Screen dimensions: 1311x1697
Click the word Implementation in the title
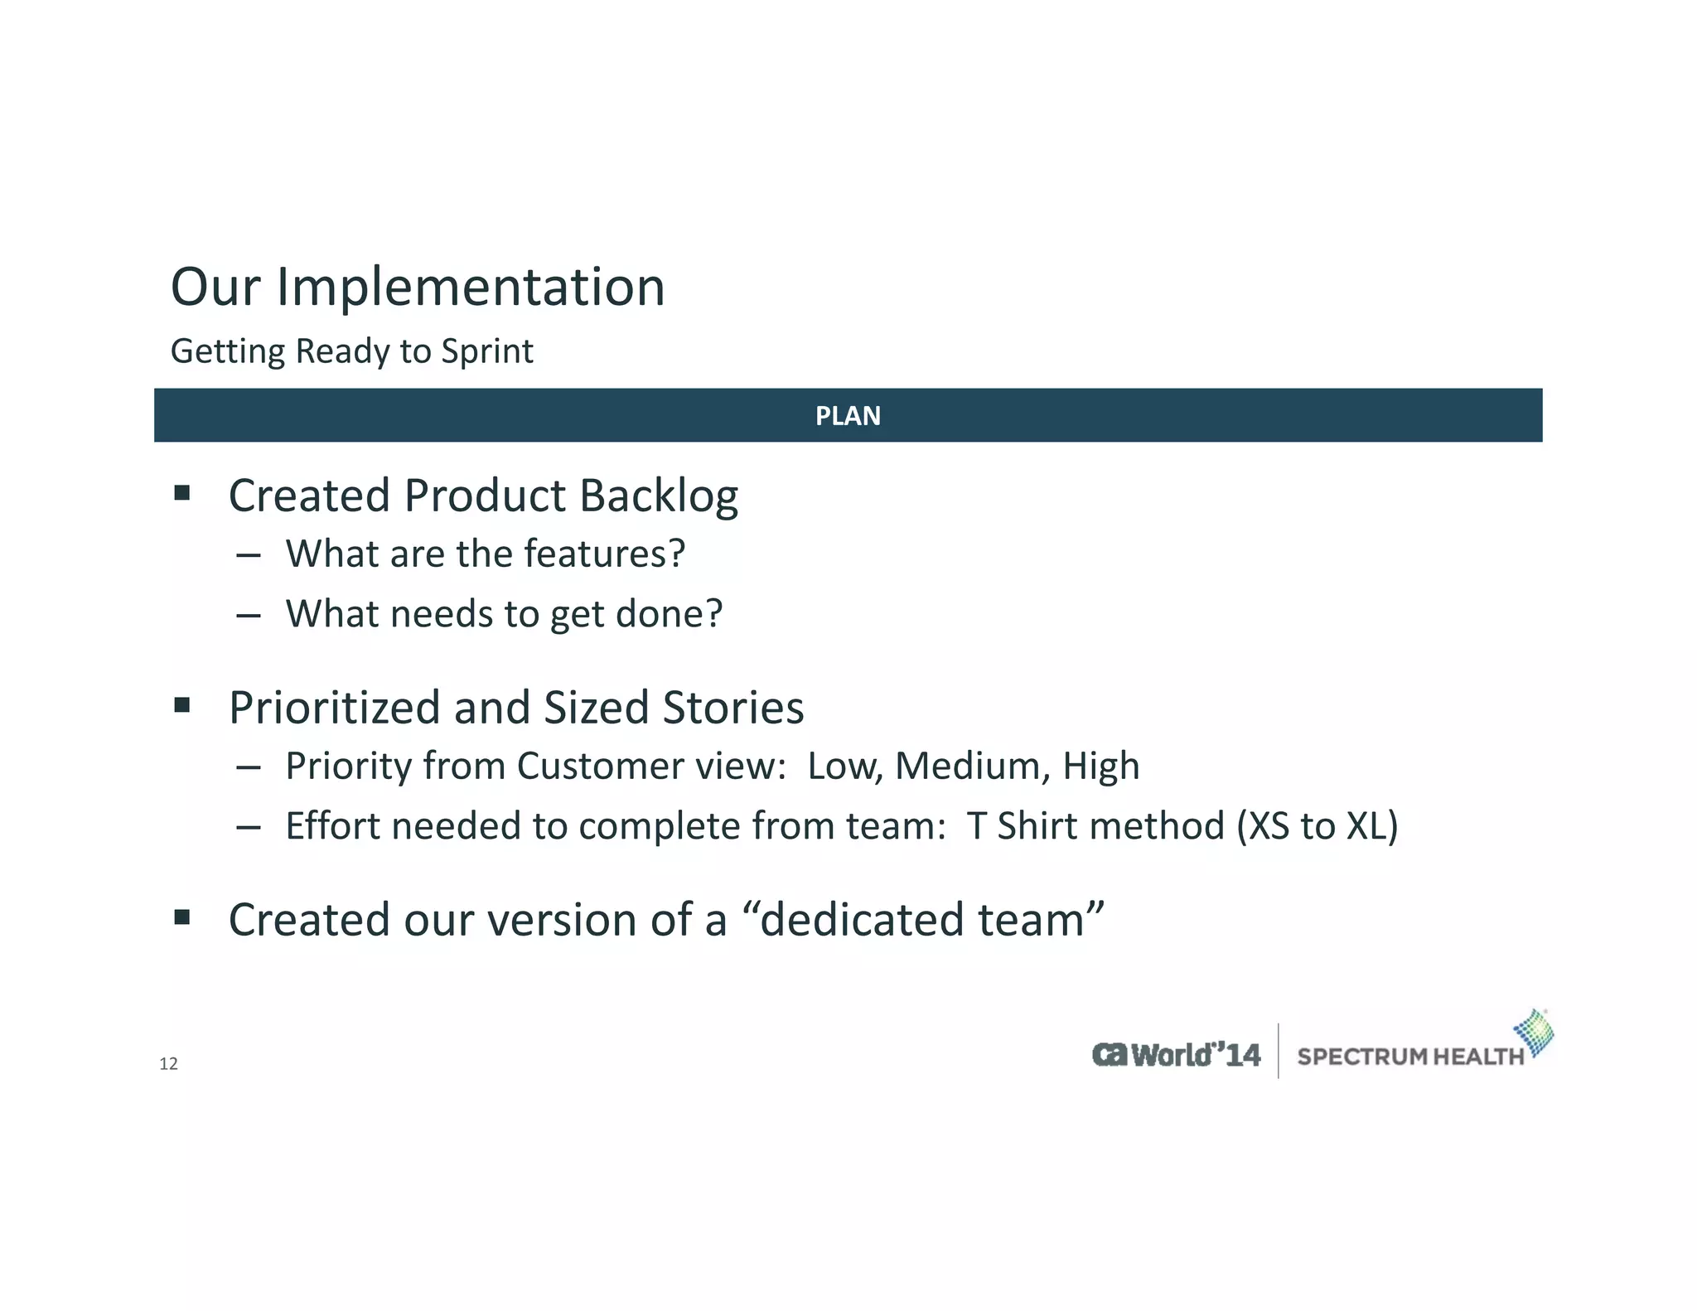pyautogui.click(x=470, y=288)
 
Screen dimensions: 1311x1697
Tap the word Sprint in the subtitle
pyautogui.click(x=486, y=351)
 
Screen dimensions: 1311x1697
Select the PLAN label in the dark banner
pyautogui.click(x=848, y=416)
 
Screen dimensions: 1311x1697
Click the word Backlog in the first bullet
pyautogui.click(x=658, y=496)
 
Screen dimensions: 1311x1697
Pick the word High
pyautogui.click(x=1100, y=766)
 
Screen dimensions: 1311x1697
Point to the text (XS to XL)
pyautogui.click(x=1317, y=826)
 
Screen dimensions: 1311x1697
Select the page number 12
pyautogui.click(x=168, y=1064)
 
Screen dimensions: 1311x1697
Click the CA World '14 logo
pyautogui.click(x=1176, y=1055)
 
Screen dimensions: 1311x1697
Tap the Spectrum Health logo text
pyautogui.click(x=1409, y=1057)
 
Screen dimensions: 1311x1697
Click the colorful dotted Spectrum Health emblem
pyautogui.click(x=1534, y=1033)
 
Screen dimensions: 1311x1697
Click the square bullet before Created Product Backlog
pyautogui.click(x=182, y=495)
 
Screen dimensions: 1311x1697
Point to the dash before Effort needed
pyautogui.click(x=248, y=827)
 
